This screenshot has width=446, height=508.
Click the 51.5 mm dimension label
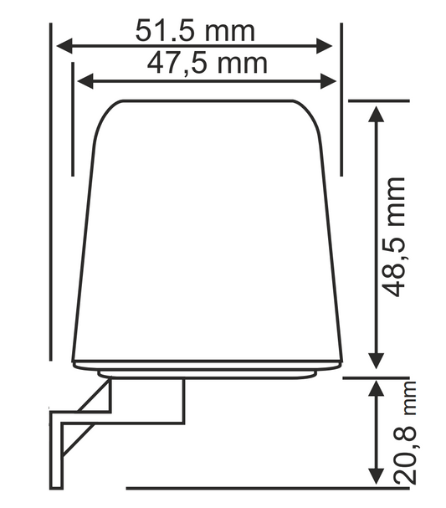pos(195,32)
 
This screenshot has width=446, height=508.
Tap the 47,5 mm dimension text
pos(206,63)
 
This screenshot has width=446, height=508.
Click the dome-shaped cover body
pos(208,234)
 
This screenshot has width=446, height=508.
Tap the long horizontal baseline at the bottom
pos(251,488)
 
